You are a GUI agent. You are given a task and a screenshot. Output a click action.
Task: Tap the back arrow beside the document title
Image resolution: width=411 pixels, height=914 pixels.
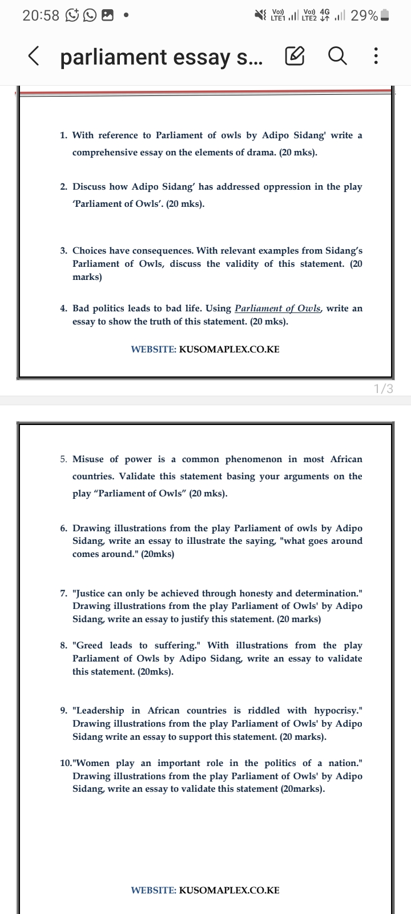coord(34,57)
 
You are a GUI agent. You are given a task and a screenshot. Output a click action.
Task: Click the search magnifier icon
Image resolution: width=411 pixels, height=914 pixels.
coord(337,56)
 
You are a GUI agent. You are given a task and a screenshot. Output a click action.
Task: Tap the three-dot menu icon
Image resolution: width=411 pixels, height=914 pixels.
coord(375,56)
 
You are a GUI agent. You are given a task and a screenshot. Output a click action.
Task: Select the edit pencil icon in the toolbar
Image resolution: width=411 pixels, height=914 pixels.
coord(295,57)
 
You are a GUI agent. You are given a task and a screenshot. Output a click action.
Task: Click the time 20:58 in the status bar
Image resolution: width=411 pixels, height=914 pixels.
coord(41,15)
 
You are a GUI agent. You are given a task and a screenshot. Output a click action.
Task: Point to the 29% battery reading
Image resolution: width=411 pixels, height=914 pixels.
coord(364,15)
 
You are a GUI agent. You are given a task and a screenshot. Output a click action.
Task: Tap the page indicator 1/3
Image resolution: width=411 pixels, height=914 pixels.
coord(383,389)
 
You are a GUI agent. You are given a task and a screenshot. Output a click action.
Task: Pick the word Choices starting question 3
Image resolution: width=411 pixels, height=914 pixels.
coord(90,251)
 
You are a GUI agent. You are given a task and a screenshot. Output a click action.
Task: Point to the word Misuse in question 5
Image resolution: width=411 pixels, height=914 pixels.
coord(88,459)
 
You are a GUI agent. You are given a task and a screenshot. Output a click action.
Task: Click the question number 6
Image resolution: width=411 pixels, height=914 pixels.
coord(63,528)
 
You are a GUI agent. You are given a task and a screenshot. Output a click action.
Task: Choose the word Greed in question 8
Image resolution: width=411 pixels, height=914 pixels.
coord(90,646)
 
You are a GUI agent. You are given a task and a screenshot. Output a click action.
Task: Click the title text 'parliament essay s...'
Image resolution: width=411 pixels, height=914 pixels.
coord(162,57)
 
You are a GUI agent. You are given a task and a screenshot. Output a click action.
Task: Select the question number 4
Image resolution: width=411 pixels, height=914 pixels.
coord(63,308)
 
